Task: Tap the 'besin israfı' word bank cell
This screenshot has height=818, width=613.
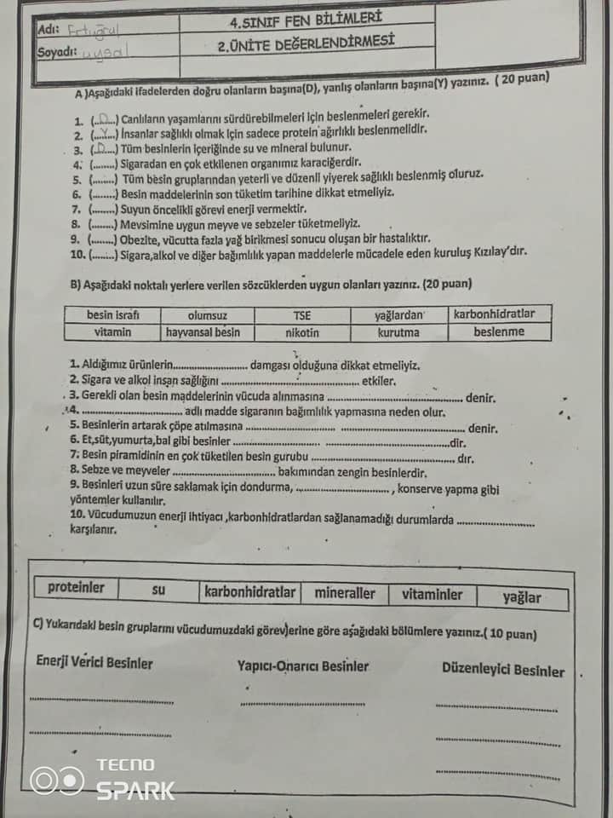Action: pyautogui.click(x=112, y=314)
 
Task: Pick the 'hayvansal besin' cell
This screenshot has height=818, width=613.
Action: pyautogui.click(x=203, y=332)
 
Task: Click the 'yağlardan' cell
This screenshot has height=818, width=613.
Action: pyautogui.click(x=398, y=314)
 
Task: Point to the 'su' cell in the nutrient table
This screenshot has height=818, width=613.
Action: pyautogui.click(x=158, y=589)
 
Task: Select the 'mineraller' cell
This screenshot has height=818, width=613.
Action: pyautogui.click(x=345, y=592)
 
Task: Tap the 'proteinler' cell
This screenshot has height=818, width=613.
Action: pyautogui.click(x=77, y=587)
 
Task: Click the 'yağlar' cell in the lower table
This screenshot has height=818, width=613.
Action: pyautogui.click(x=521, y=597)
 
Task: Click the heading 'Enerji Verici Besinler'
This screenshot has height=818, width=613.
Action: pyautogui.click(x=95, y=662)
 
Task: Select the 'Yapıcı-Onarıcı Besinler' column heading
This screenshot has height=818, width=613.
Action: pyautogui.click(x=303, y=665)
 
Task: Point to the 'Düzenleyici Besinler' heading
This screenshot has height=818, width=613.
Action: pyautogui.click(x=502, y=671)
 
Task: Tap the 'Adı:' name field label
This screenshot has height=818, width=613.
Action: pyautogui.click(x=49, y=29)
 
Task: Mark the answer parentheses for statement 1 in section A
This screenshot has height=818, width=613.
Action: pyautogui.click(x=104, y=120)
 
